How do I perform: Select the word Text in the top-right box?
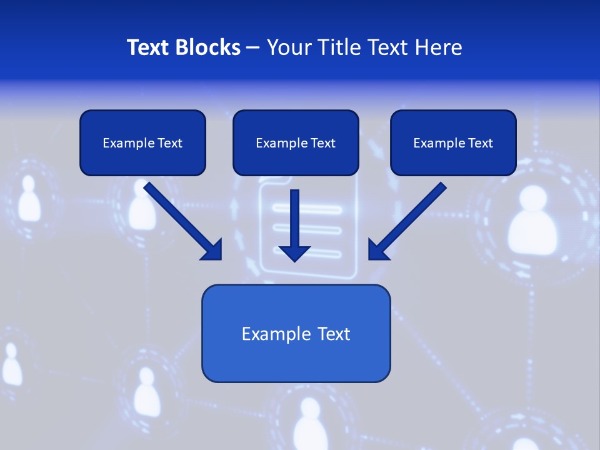coord(480,143)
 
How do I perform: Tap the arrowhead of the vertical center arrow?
coord(294,252)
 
